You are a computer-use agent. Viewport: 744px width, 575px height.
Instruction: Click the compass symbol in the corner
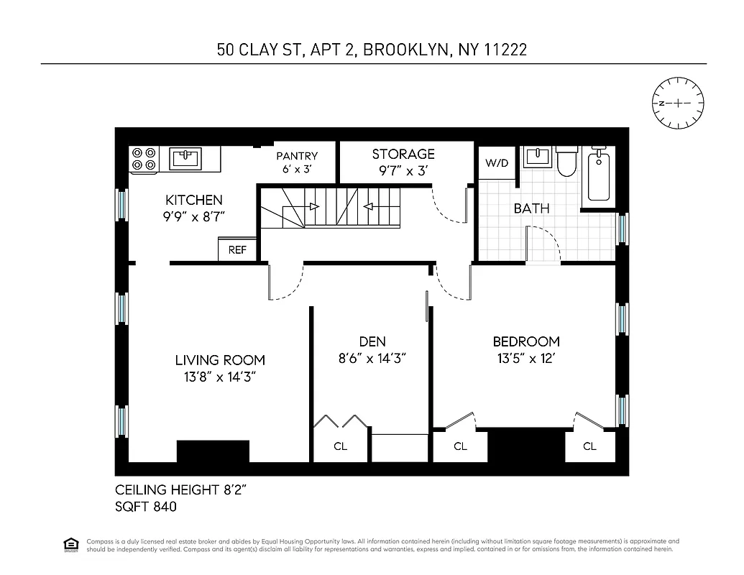click(678, 103)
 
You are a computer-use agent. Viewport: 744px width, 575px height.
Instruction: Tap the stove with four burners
click(143, 159)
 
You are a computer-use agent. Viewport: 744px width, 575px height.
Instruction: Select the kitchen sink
click(185, 157)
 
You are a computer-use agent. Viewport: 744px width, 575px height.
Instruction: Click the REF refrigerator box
click(237, 250)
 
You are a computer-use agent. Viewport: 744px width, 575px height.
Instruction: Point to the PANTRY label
click(297, 156)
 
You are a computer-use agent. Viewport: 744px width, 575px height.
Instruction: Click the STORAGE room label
click(403, 154)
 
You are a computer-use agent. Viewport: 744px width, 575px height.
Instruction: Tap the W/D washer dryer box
click(496, 163)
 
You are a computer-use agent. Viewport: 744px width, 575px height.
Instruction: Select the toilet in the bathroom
click(567, 161)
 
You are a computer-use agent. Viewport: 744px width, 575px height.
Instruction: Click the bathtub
click(599, 176)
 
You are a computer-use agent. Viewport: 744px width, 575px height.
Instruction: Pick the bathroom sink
click(536, 156)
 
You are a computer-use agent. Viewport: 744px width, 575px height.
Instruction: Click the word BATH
click(531, 208)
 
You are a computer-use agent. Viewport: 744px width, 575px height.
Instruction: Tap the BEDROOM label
click(526, 342)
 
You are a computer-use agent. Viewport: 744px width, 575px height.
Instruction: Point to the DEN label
click(372, 342)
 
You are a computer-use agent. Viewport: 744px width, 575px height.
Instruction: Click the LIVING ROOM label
click(220, 361)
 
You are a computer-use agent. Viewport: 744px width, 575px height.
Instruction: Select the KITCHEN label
click(194, 201)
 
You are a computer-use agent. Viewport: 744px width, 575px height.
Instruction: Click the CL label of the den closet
click(341, 446)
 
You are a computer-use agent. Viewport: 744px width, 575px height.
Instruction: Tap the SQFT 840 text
click(146, 506)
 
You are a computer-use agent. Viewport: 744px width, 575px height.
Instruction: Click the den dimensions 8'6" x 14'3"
click(372, 359)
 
